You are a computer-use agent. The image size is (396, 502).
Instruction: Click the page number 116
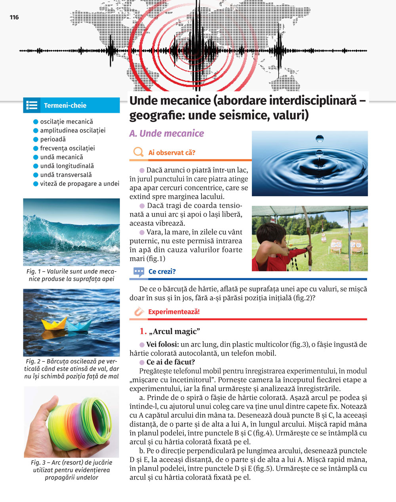click(x=14, y=17)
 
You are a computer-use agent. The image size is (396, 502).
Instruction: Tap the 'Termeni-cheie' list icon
click(x=32, y=105)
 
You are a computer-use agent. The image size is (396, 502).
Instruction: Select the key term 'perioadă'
click(x=53, y=139)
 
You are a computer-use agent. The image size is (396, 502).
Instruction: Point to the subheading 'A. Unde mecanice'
click(x=166, y=133)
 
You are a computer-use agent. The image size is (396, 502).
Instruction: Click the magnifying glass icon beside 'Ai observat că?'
click(x=138, y=152)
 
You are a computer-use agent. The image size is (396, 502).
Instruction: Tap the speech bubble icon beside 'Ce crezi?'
click(x=139, y=272)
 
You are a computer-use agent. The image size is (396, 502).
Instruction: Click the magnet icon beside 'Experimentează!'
click(x=138, y=312)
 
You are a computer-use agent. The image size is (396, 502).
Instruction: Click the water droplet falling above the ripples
click(x=319, y=139)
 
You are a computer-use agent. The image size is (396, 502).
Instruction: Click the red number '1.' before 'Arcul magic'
click(x=143, y=331)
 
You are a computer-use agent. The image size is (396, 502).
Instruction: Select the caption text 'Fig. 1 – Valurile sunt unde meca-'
click(x=71, y=272)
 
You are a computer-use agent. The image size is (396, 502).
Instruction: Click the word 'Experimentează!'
click(x=174, y=312)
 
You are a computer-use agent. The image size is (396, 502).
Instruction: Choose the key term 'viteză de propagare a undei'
click(x=79, y=184)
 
